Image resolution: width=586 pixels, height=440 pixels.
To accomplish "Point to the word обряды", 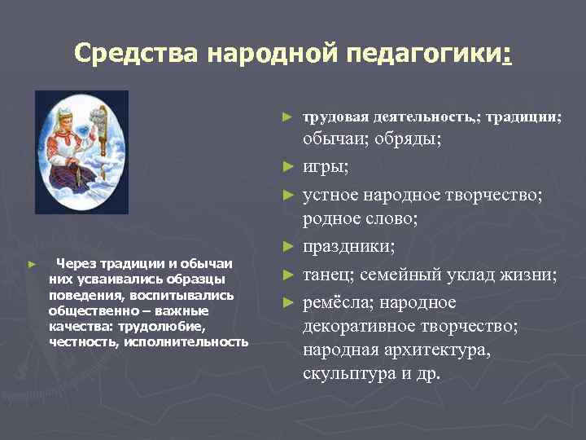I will point(406,139).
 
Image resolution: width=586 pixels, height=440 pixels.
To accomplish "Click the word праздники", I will point(349,246).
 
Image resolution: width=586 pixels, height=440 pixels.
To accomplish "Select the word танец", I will point(329,275).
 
